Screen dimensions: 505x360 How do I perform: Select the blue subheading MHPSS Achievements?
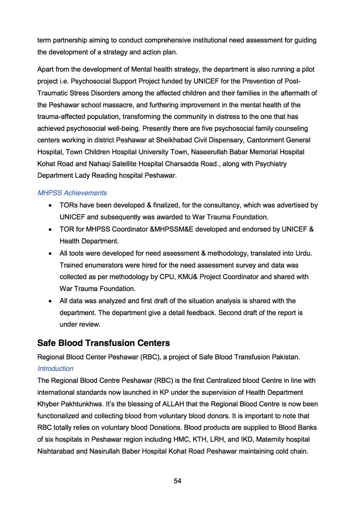tap(72, 193)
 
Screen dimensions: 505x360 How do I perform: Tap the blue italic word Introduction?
tap(56, 369)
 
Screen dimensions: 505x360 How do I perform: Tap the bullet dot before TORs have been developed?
tap(51, 206)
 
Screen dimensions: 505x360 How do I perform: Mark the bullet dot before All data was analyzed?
tap(51, 301)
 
